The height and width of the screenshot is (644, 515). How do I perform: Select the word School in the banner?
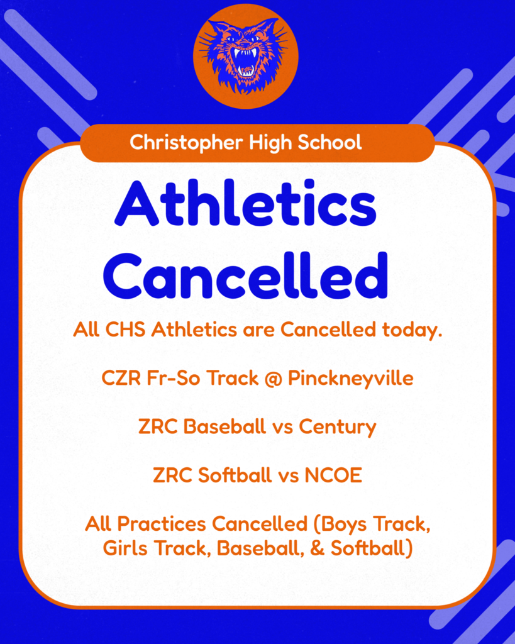[331, 143]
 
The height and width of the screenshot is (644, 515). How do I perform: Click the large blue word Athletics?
[245, 206]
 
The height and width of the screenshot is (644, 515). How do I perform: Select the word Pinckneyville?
[351, 379]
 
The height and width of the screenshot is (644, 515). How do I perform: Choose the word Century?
[337, 427]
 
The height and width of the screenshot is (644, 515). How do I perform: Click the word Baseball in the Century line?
[224, 427]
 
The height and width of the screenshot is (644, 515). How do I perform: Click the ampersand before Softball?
[318, 548]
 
